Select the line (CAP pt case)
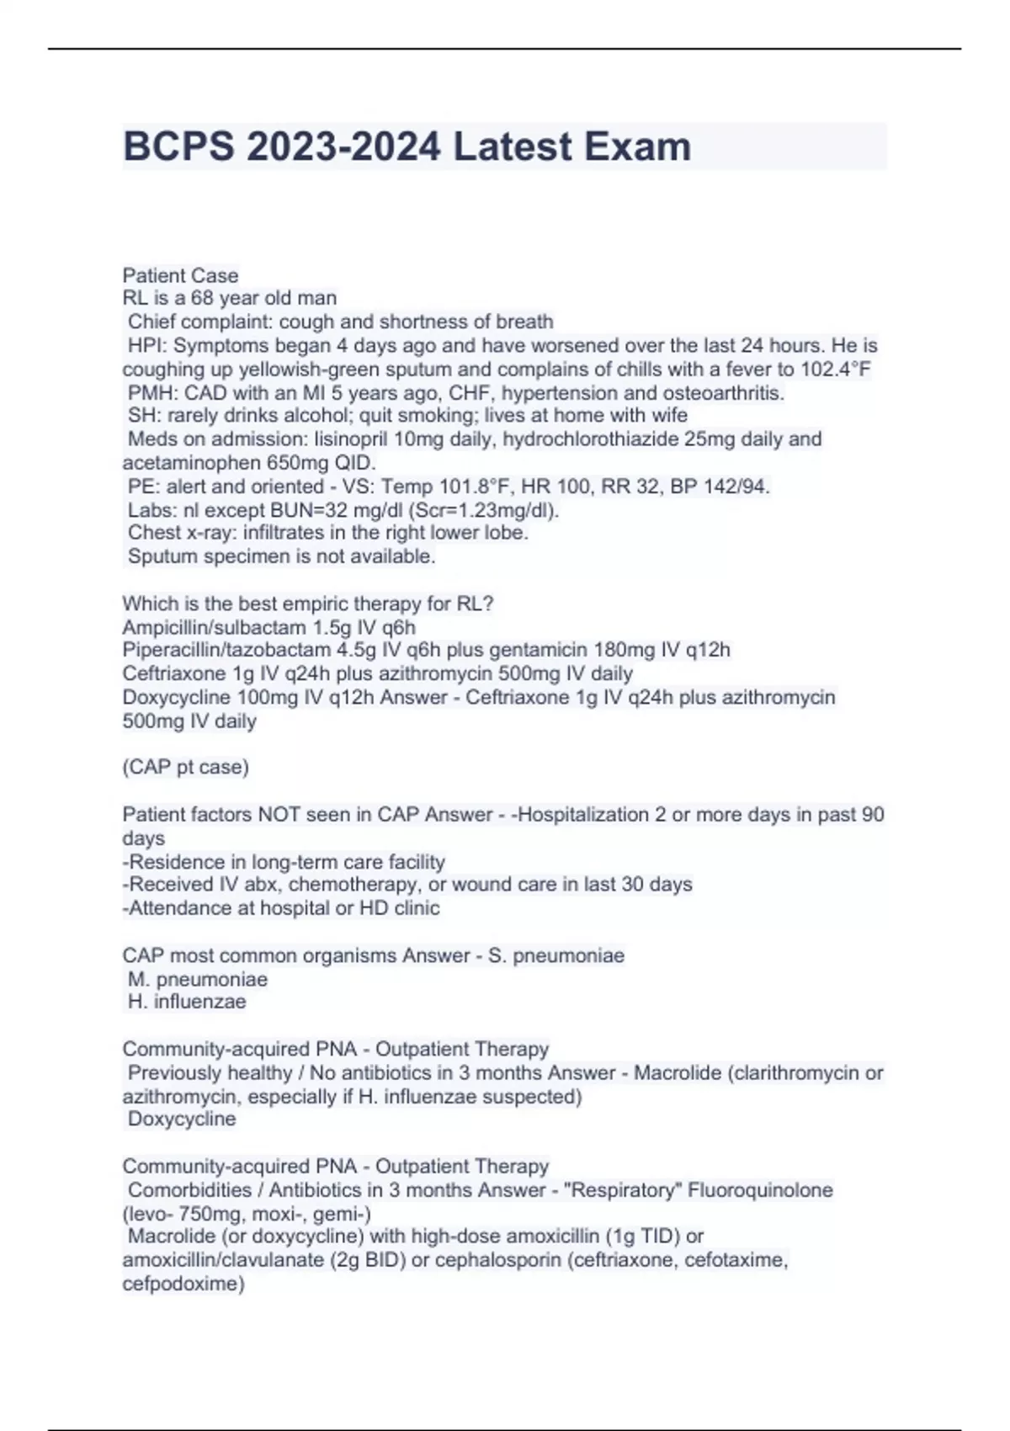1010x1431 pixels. click(185, 767)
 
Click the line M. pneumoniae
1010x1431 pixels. click(198, 979)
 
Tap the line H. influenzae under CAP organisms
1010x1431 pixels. click(187, 1002)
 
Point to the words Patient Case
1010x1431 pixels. click(180, 275)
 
